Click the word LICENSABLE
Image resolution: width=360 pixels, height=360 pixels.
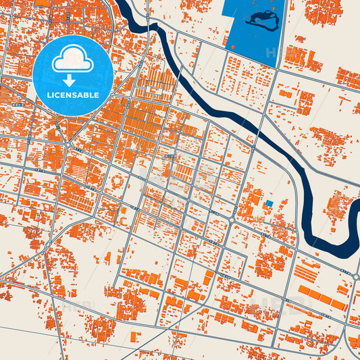pyautogui.click(x=73, y=95)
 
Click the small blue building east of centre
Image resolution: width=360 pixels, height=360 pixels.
pyautogui.click(x=269, y=203)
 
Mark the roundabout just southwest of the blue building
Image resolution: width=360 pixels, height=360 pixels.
pyautogui.click(x=232, y=220)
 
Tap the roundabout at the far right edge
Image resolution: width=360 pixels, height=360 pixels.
pyautogui.click(x=355, y=276)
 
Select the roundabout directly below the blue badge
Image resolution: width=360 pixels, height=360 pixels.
pyautogui.click(x=68, y=143)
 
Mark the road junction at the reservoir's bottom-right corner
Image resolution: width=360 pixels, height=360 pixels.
pyautogui.click(x=278, y=68)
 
